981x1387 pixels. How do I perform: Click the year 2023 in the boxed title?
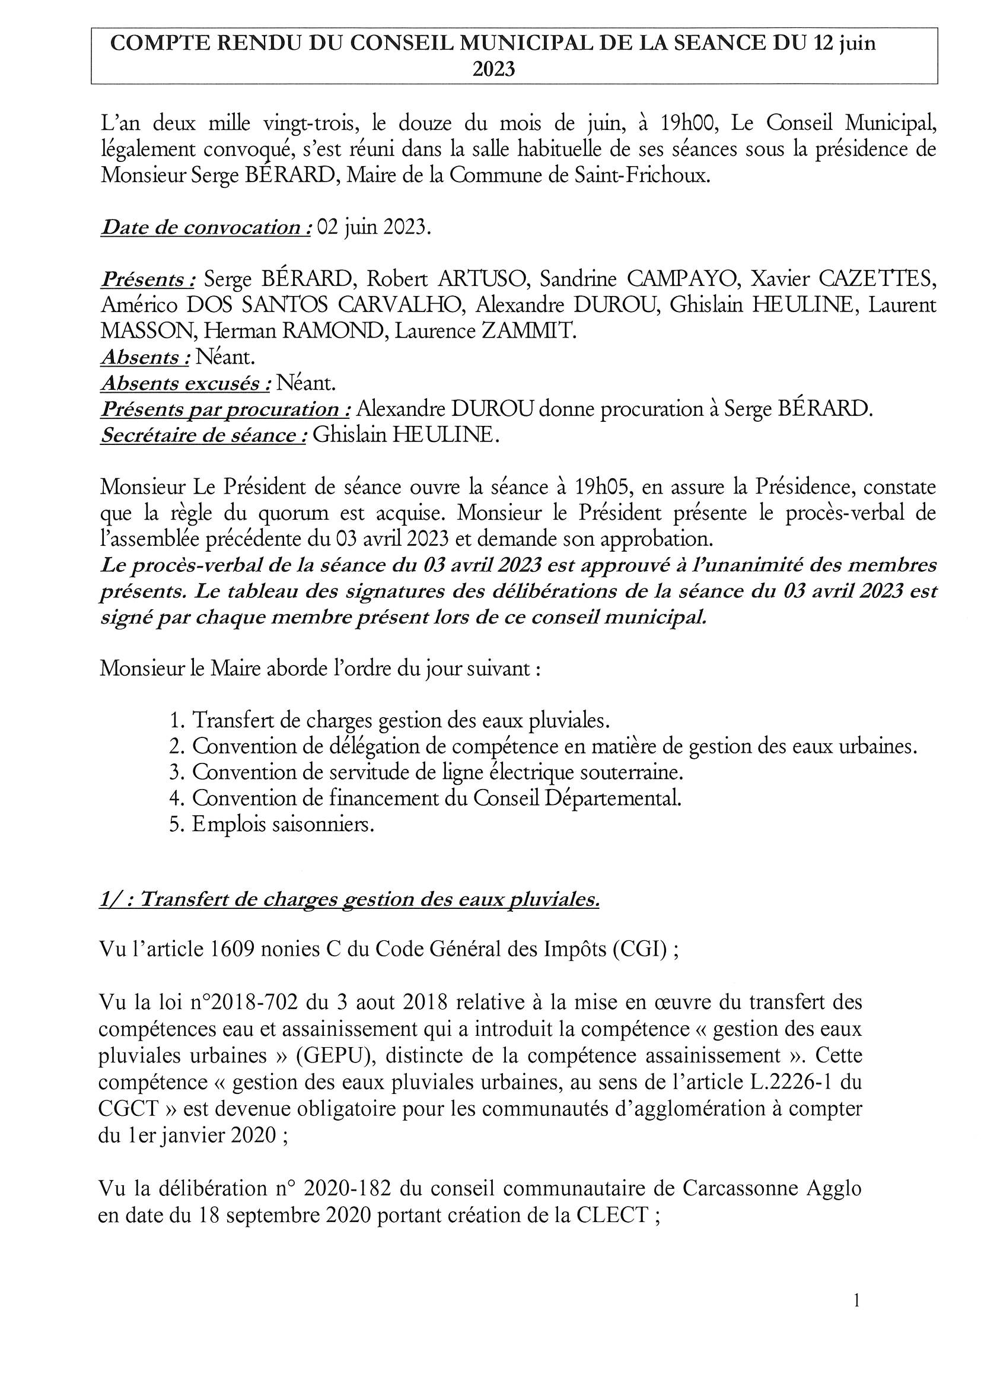pyautogui.click(x=493, y=70)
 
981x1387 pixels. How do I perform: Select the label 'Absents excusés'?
pyautogui.click(x=186, y=383)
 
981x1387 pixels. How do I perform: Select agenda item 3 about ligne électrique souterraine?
pyautogui.click(x=437, y=772)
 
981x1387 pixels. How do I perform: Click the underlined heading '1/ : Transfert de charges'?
pyautogui.click(x=349, y=900)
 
